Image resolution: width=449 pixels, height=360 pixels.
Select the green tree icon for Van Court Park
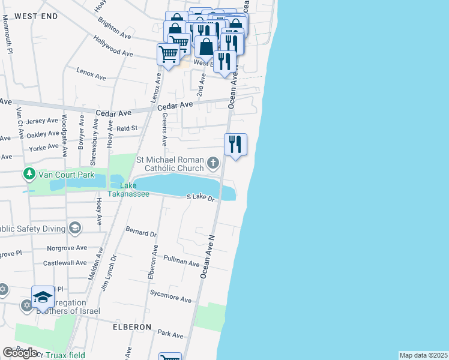[29, 175]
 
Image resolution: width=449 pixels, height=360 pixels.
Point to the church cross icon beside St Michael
[212, 163]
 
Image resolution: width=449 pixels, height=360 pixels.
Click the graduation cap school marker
[43, 296]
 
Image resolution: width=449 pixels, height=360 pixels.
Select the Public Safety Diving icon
[75, 227]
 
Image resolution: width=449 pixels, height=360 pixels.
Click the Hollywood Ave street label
[113, 46]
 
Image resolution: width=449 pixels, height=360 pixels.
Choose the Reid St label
[127, 128]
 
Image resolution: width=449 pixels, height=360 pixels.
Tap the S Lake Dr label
[200, 197]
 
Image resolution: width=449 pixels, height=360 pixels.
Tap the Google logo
[20, 353]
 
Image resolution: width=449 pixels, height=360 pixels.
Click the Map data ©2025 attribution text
[423, 355]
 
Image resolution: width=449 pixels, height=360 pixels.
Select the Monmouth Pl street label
[7, 35]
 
